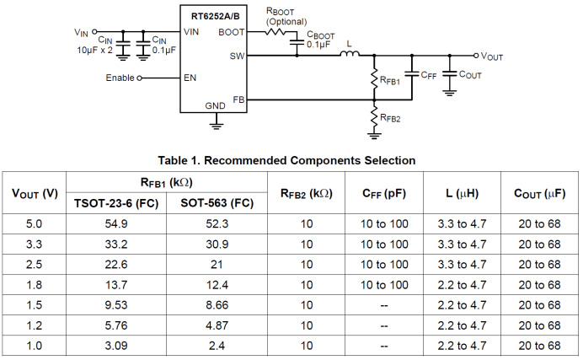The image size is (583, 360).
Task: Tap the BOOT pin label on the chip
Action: click(x=231, y=32)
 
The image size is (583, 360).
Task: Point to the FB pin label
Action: click(x=238, y=99)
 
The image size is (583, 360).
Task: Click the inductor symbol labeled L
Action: click(x=350, y=56)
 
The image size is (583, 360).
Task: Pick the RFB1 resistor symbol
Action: click(x=374, y=81)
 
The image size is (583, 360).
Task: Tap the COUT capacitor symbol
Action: click(x=449, y=74)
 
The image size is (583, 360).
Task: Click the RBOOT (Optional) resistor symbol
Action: click(x=276, y=32)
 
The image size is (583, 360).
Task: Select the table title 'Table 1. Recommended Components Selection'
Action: click(x=286, y=159)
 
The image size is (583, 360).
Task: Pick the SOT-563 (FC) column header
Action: click(x=217, y=203)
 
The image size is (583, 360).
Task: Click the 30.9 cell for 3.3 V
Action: click(x=217, y=244)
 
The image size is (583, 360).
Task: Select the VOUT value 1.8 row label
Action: click(x=35, y=285)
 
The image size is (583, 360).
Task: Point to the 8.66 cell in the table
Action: click(x=217, y=305)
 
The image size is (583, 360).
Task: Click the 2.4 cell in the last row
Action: click(x=217, y=346)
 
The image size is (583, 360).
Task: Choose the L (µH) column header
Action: click(x=462, y=193)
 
